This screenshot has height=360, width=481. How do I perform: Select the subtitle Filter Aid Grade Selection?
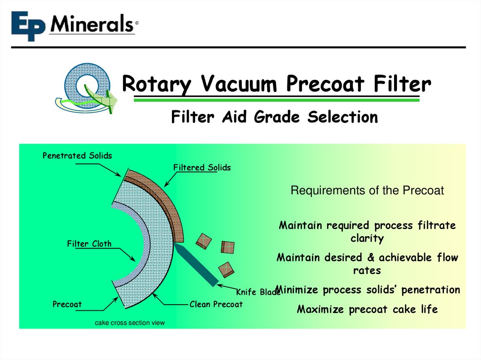coord(274,117)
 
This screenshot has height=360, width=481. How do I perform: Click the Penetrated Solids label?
coord(78,155)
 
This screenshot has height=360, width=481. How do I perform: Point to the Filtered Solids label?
coord(202,168)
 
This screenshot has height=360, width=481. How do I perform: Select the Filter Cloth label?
coord(89,244)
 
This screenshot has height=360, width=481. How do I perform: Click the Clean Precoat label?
coord(216,304)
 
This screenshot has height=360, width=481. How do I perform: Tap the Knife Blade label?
coord(258,292)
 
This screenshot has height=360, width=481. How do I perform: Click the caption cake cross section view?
coord(130,322)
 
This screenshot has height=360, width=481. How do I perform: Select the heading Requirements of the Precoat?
coord(367,191)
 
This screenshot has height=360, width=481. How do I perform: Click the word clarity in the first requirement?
coord(367,238)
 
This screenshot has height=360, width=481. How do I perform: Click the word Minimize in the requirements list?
coord(298,290)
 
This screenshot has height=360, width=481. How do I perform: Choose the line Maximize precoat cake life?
coord(367,309)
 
